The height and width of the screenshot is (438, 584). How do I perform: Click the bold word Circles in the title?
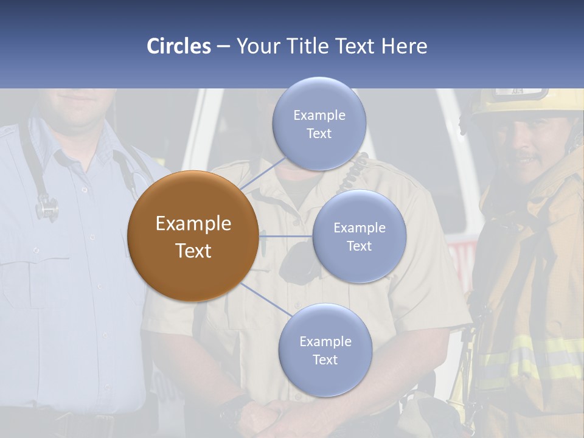[x=179, y=46]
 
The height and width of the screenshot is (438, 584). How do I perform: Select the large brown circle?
[x=193, y=236]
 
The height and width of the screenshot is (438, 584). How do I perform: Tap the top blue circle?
[x=319, y=123]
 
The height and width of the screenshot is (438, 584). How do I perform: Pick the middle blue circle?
[x=359, y=236]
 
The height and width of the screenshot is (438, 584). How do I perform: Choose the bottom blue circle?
[x=325, y=350]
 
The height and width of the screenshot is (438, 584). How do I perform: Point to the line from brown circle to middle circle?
[x=286, y=236]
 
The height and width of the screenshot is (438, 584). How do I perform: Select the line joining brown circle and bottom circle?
[x=265, y=300]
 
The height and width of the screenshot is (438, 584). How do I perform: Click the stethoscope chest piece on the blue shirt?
[x=46, y=209]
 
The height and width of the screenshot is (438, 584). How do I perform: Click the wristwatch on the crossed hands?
[x=234, y=409]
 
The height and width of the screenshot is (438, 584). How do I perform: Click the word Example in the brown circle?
[x=193, y=224]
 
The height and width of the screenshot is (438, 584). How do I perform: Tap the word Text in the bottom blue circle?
[x=325, y=360]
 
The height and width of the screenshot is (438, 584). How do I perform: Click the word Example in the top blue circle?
[x=319, y=115]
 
